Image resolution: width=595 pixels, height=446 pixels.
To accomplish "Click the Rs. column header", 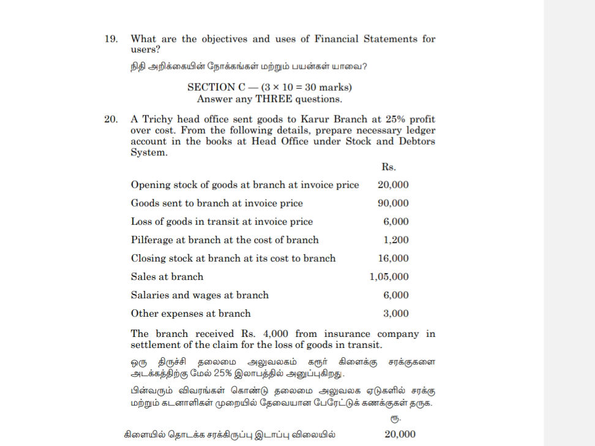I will [x=389, y=167].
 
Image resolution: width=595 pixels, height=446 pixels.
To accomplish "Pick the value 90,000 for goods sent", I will [x=393, y=203].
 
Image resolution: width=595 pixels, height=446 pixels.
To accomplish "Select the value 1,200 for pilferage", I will [x=396, y=240].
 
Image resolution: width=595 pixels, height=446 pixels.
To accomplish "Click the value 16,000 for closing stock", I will [x=393, y=259].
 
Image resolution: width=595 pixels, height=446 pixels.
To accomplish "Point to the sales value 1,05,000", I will [x=389, y=277].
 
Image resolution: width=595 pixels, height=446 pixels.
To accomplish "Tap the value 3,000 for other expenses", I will [x=396, y=314].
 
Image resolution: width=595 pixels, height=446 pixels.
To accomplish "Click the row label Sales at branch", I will [x=167, y=277].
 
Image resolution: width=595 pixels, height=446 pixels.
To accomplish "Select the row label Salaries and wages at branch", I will [x=200, y=295].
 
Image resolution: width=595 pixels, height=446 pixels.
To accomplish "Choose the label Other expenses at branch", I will [x=190, y=314].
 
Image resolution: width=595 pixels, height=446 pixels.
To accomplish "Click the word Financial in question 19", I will [x=336, y=39].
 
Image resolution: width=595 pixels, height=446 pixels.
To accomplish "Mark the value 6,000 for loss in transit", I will [x=396, y=222].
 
